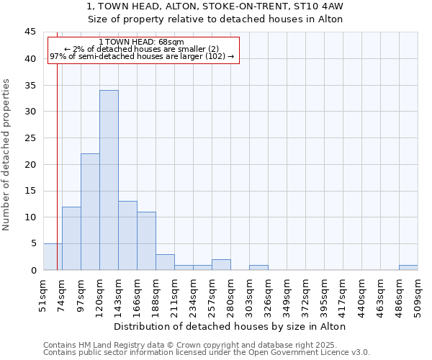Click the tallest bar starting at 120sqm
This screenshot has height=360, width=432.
pos(109,180)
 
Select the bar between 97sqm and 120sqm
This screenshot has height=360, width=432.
pos(90,212)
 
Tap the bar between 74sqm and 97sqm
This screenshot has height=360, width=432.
pos(71,238)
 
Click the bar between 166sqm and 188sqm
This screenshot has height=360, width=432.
pos(146,240)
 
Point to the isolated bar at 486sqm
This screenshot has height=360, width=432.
pos(408,268)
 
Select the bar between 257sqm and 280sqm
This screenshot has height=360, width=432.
pos(221,265)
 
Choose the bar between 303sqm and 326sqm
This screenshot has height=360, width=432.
pos(258,268)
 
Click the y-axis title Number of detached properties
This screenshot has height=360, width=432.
pos(7,155)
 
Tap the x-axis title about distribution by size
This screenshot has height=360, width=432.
pos(230,326)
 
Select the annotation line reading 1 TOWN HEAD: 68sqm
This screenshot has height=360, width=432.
pos(142,42)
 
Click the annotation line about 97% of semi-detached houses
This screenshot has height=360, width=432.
pos(142,56)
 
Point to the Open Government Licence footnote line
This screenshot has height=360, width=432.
pos(207,352)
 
